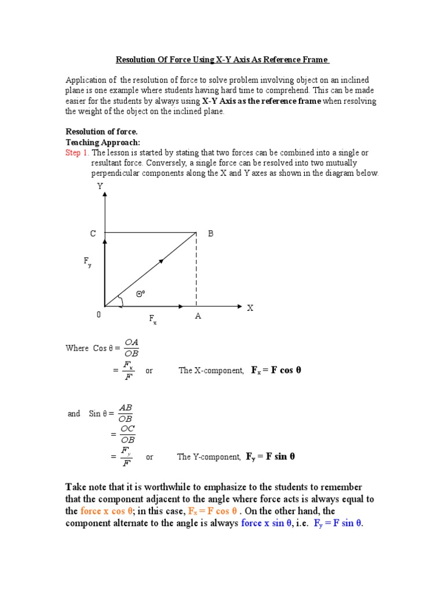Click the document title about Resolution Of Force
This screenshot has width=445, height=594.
point(222,60)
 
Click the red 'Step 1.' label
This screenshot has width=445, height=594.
point(78,153)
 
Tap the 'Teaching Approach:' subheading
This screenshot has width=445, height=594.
point(103,142)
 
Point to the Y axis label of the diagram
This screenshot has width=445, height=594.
point(100,187)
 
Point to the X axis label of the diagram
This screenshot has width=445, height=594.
point(250,308)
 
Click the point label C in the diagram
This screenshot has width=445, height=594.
point(93,234)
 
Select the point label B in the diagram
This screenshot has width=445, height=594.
point(211,234)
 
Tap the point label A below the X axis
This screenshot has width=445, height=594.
point(198,317)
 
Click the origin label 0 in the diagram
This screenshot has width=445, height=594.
point(99,315)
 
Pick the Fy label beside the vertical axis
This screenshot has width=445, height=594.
point(87,263)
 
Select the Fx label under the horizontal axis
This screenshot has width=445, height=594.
point(153,319)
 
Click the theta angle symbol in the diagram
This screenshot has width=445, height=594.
point(140,294)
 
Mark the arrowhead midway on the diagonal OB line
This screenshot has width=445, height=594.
point(161,261)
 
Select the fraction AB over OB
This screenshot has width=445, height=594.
point(126,414)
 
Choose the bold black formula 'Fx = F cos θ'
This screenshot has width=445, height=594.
point(276,370)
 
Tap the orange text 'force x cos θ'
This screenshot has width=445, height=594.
point(107,511)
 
